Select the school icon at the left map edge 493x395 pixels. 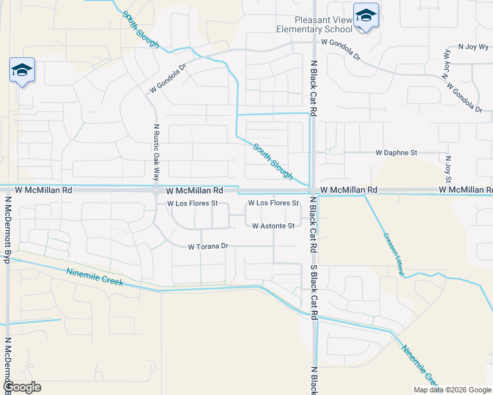(x=22, y=70)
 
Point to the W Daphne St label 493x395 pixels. (x=396, y=153)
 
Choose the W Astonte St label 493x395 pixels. (x=273, y=226)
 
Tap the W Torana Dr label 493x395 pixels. (x=208, y=247)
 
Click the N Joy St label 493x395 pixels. (x=448, y=169)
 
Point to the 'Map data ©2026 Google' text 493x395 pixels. (x=451, y=390)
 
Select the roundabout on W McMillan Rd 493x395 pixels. (x=157, y=190)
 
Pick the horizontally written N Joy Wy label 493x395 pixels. (x=474, y=47)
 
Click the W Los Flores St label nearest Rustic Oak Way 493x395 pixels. (x=192, y=203)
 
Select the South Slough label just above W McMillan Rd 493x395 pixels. (x=272, y=161)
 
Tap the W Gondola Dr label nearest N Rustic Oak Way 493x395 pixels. (x=168, y=78)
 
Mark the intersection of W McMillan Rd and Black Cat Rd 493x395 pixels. (x=314, y=190)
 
